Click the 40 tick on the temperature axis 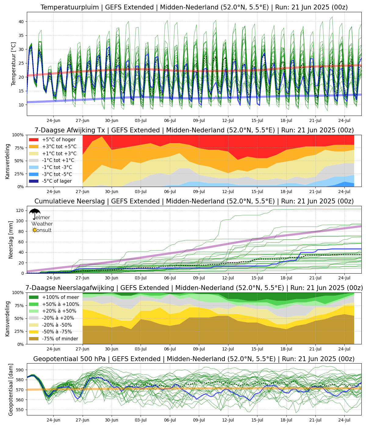[21, 22]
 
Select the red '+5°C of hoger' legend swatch [34, 140]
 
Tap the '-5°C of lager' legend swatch [34, 181]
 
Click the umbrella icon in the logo [35, 213]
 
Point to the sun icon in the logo [34, 230]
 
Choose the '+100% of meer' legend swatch [34, 297]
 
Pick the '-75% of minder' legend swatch [34, 339]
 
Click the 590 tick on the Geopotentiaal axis [20, 370]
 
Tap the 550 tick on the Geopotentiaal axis [20, 410]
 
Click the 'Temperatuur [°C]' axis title [13, 64]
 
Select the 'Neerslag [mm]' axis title [11, 240]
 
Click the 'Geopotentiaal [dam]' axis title [11, 389]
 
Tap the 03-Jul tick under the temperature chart [141, 120]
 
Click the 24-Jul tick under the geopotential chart [344, 419]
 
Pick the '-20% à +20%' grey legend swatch [34, 318]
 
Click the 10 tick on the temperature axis [21, 105]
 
